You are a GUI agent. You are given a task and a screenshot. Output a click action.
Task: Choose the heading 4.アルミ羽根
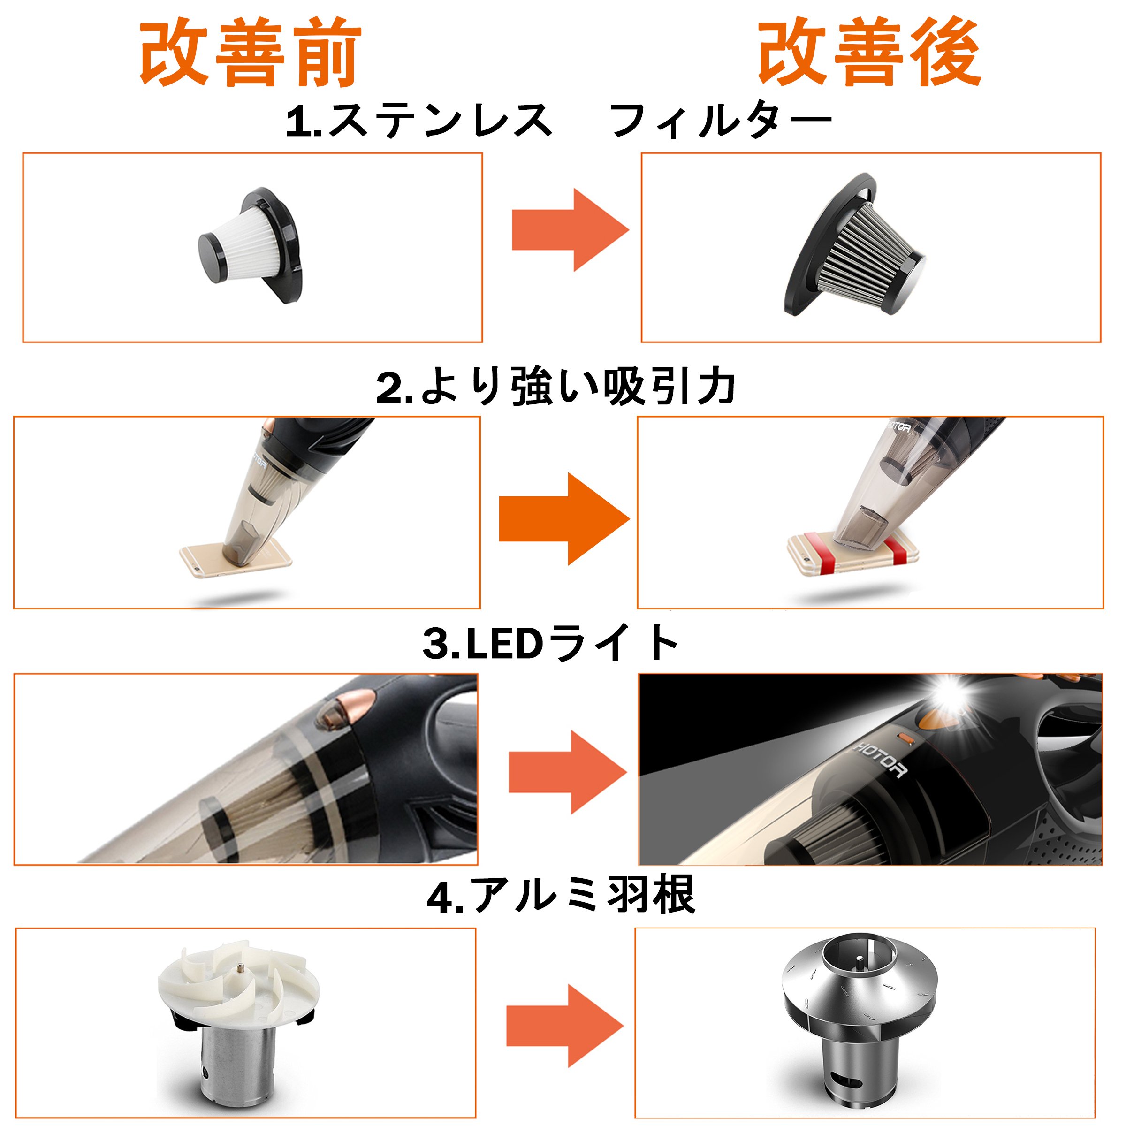click(x=561, y=898)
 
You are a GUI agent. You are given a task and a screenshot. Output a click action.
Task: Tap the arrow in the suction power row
click(x=564, y=519)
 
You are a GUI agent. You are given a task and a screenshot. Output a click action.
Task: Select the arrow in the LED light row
click(x=568, y=772)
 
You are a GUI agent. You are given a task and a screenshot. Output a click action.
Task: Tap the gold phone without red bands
click(x=236, y=558)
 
